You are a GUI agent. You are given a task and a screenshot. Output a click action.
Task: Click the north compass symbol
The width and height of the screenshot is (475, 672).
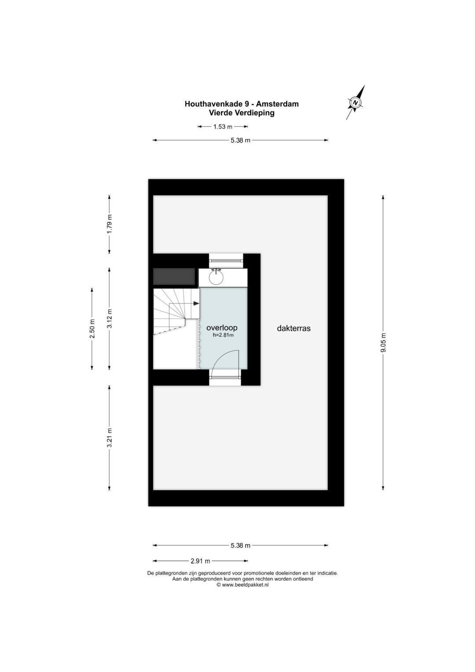tap(356, 102)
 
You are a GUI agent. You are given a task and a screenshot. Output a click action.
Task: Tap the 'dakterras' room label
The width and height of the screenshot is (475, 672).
tap(294, 328)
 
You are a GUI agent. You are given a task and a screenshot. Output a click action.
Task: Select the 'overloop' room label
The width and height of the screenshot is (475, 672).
tap(222, 327)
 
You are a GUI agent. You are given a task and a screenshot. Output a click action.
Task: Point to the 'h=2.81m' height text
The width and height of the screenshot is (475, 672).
tap(223, 335)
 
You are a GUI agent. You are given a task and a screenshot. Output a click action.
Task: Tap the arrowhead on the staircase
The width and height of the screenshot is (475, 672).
tap(197, 303)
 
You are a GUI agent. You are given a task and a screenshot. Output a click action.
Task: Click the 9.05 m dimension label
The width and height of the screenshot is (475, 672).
tap(383, 343)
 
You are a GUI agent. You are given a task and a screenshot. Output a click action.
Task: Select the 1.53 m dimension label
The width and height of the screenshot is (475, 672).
tap(223, 127)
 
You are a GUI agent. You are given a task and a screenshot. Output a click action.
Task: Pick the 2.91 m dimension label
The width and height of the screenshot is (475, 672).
tap(200, 561)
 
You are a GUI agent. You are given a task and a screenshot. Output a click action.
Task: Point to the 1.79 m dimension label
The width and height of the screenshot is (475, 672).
tap(110, 224)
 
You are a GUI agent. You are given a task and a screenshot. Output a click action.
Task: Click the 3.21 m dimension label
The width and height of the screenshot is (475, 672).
tap(110, 437)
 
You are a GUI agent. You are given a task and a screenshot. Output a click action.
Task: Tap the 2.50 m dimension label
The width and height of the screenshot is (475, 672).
tap(92, 328)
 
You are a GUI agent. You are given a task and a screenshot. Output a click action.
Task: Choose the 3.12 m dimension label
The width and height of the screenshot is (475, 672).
tap(110, 318)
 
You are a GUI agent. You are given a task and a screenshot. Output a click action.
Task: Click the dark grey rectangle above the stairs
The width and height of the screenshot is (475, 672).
tap(174, 276)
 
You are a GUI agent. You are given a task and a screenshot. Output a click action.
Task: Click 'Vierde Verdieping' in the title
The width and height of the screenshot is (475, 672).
tap(241, 113)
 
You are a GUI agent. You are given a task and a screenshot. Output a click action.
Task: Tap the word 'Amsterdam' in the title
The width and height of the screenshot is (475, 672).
tap(277, 104)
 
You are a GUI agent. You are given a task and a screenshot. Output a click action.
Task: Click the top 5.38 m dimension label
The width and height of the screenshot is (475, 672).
tap(240, 140)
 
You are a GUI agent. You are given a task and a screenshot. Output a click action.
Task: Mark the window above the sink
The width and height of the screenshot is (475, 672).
tap(226, 258)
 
